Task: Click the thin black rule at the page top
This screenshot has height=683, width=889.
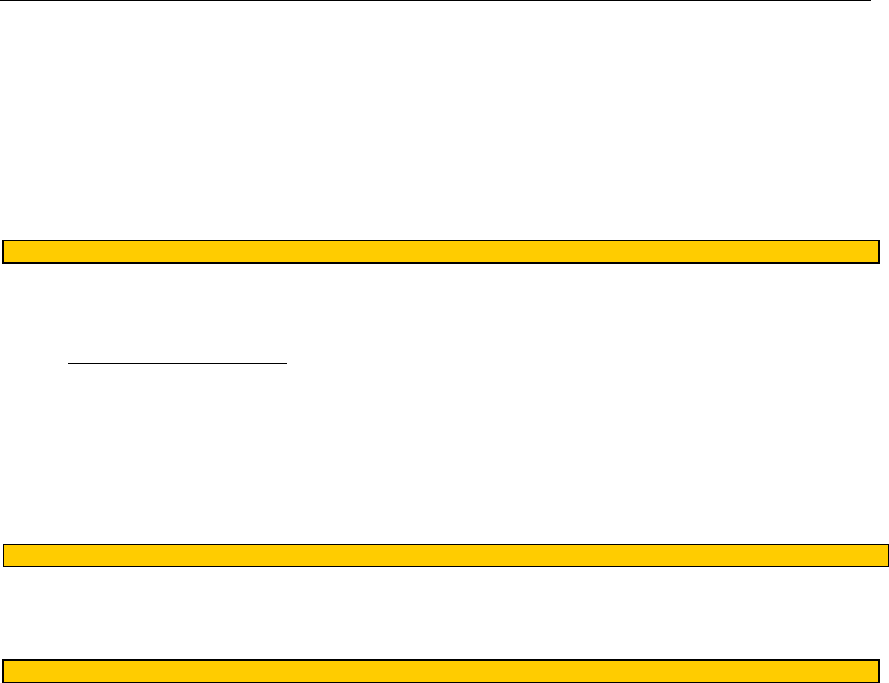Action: [436, 2]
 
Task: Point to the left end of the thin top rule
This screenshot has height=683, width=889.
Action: [1, 2]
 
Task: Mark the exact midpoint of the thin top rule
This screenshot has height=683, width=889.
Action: [436, 2]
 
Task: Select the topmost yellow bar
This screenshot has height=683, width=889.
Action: [439, 252]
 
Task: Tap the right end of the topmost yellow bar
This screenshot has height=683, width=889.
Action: [877, 252]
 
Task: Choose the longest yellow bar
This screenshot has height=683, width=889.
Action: [445, 555]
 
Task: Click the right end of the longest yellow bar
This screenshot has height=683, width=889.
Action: [887, 555]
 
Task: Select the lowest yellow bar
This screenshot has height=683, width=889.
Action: [439, 671]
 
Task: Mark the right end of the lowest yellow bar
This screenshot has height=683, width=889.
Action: [877, 671]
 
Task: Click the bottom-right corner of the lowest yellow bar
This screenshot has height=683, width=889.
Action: [878, 681]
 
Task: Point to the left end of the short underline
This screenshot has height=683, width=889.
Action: [68, 364]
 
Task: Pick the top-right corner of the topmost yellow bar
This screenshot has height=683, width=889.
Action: [878, 241]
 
